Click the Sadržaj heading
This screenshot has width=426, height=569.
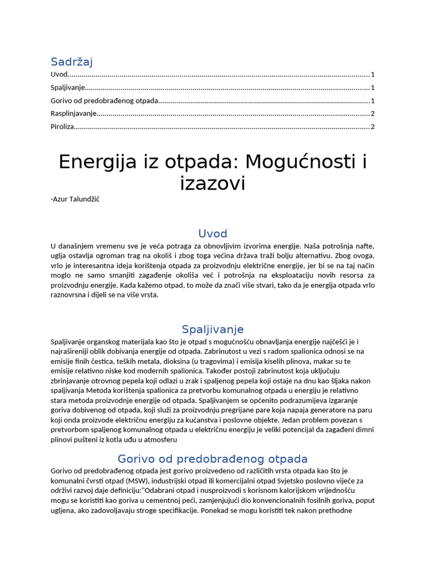coord(72,62)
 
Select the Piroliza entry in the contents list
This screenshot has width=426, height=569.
coord(62,127)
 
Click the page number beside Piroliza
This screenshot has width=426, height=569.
coord(373,127)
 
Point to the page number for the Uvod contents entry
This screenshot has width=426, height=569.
coord(373,74)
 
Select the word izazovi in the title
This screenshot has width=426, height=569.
coord(212,183)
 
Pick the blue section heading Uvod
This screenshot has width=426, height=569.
coord(212,233)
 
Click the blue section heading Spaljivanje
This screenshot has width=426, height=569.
coord(212,330)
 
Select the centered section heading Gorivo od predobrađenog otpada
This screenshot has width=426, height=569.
coord(212,459)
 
